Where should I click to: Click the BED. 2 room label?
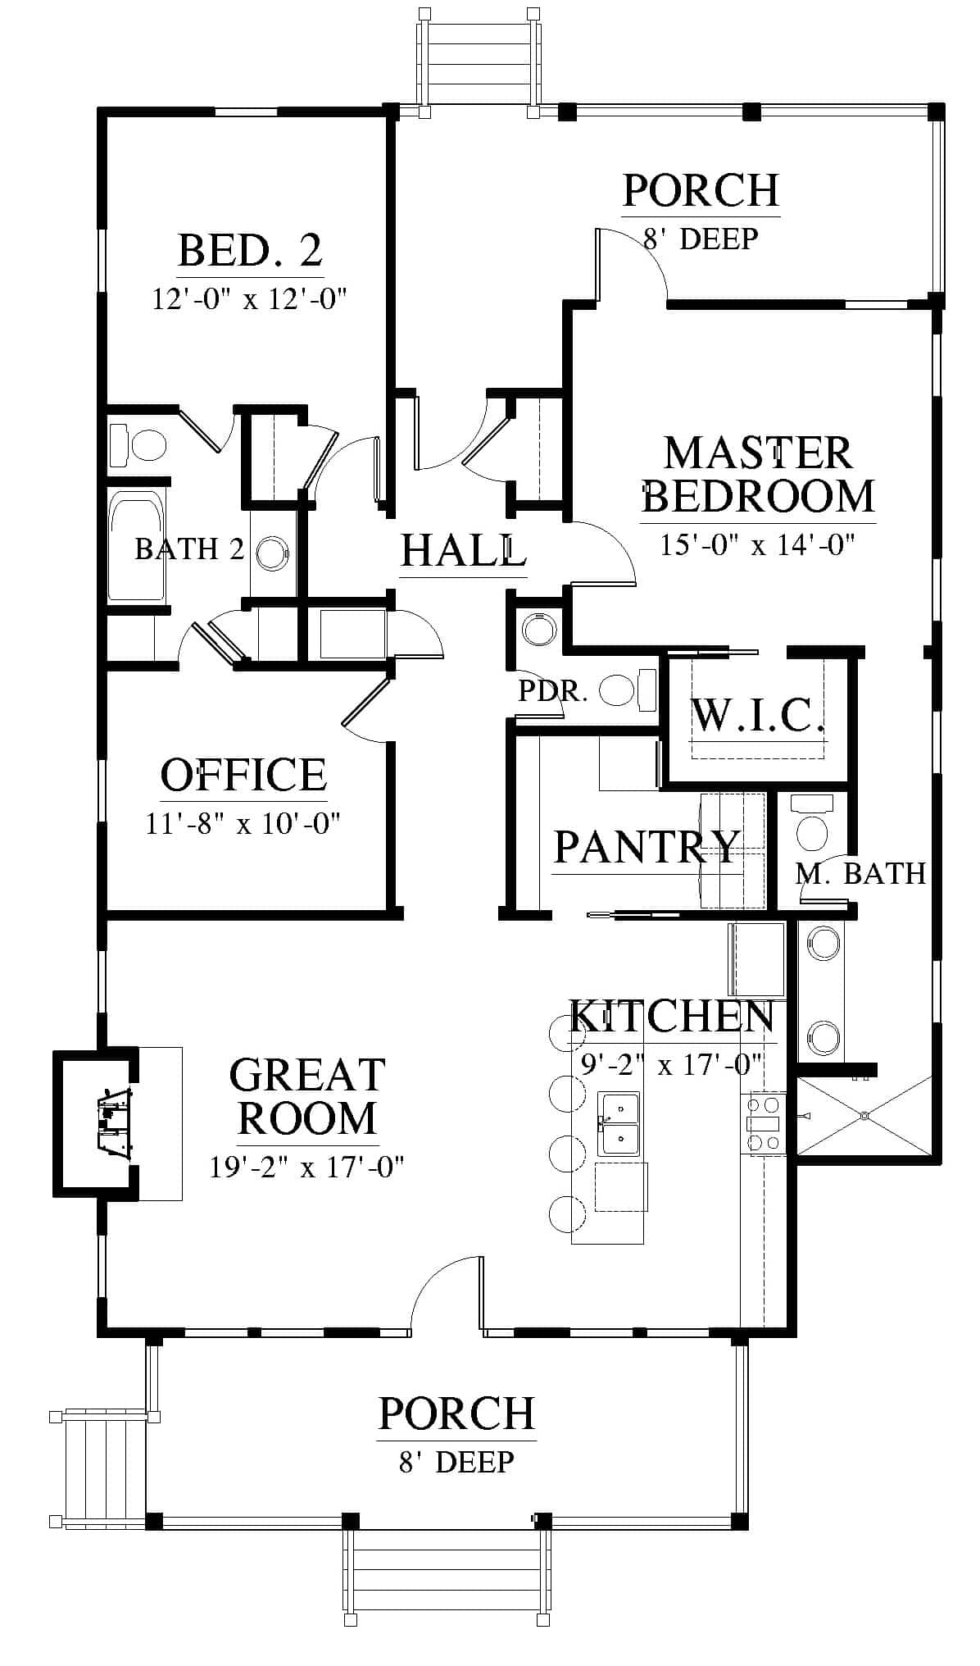click(x=250, y=250)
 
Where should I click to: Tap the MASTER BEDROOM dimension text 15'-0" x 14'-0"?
click(x=758, y=544)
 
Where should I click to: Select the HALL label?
click(x=463, y=550)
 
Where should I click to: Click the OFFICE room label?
click(x=243, y=775)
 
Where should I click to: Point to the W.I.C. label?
click(x=756, y=714)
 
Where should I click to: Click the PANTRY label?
click(x=647, y=846)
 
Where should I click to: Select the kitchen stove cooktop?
click(x=763, y=1123)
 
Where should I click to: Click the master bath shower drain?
click(x=863, y=1115)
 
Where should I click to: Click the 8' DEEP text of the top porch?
click(x=701, y=239)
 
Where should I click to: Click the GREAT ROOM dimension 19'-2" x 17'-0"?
click(x=307, y=1166)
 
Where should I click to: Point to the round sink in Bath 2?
click(x=272, y=554)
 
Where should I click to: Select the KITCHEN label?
click(x=672, y=1017)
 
